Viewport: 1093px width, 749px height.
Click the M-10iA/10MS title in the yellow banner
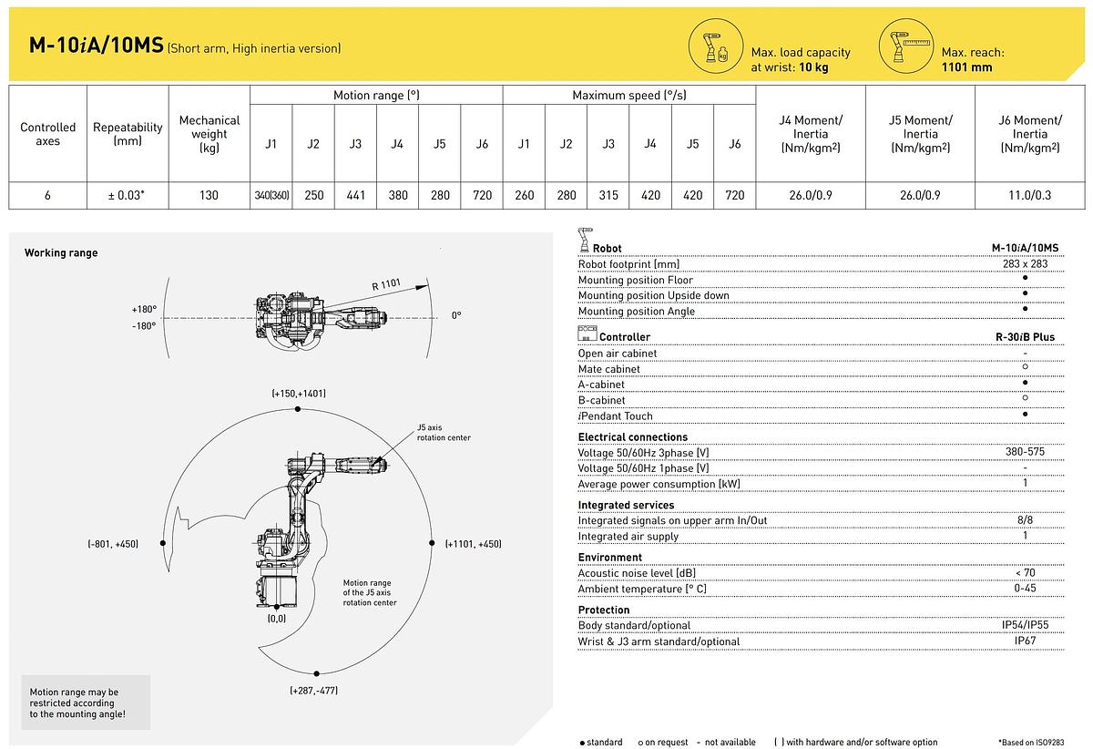coord(95,46)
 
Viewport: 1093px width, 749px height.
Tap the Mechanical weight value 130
coord(209,195)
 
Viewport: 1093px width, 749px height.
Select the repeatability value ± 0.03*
coord(128,195)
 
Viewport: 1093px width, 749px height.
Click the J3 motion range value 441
coord(354,195)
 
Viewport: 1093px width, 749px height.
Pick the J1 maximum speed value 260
coord(524,195)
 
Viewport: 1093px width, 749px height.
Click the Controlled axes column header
coord(48,134)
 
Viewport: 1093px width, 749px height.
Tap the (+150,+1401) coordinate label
coord(298,394)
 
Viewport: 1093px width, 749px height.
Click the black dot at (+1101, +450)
coord(431,542)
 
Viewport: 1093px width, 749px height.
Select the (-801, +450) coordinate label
coord(113,544)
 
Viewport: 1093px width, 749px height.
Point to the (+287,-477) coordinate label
coord(313,691)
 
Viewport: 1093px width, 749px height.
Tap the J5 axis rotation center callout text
coord(444,432)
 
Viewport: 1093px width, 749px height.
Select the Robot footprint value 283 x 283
coord(1026,264)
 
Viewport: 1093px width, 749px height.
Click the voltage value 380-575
coord(1026,453)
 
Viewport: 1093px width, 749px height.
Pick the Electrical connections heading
coord(633,437)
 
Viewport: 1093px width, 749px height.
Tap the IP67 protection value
coord(1026,641)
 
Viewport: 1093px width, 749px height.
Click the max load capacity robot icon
coord(718,47)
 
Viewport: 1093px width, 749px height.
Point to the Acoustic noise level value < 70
coord(1026,572)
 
